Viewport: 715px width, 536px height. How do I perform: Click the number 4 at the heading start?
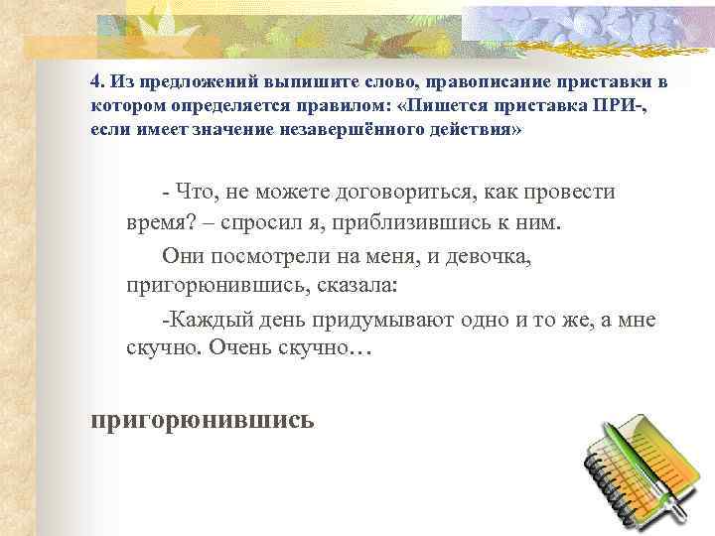tap(94, 79)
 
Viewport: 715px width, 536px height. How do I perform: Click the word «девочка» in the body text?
tap(496, 257)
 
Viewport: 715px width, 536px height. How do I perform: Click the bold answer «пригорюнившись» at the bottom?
tap(203, 420)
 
